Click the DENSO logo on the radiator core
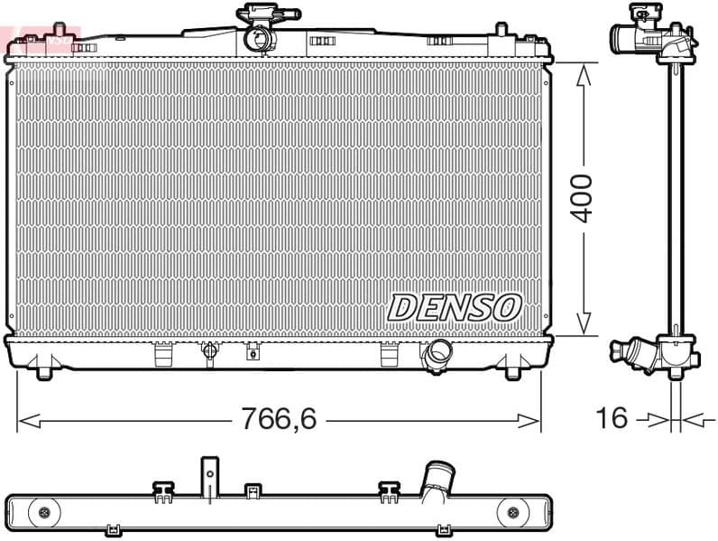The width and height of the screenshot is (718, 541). point(455,307)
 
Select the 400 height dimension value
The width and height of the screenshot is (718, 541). point(583,199)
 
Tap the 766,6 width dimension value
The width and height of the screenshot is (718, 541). point(278,419)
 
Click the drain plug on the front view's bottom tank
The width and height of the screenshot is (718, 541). point(209,352)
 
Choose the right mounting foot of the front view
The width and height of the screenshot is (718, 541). point(511,368)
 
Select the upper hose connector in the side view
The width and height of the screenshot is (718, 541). point(628,38)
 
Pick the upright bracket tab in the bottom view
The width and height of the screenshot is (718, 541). point(209,474)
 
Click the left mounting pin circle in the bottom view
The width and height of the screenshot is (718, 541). point(43,514)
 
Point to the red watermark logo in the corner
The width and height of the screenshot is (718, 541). point(41,37)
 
